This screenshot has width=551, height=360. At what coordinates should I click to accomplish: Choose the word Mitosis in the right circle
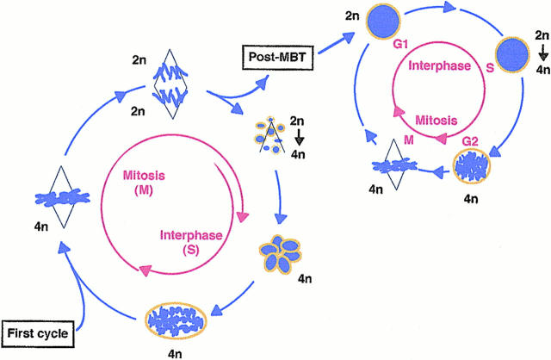413,122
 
